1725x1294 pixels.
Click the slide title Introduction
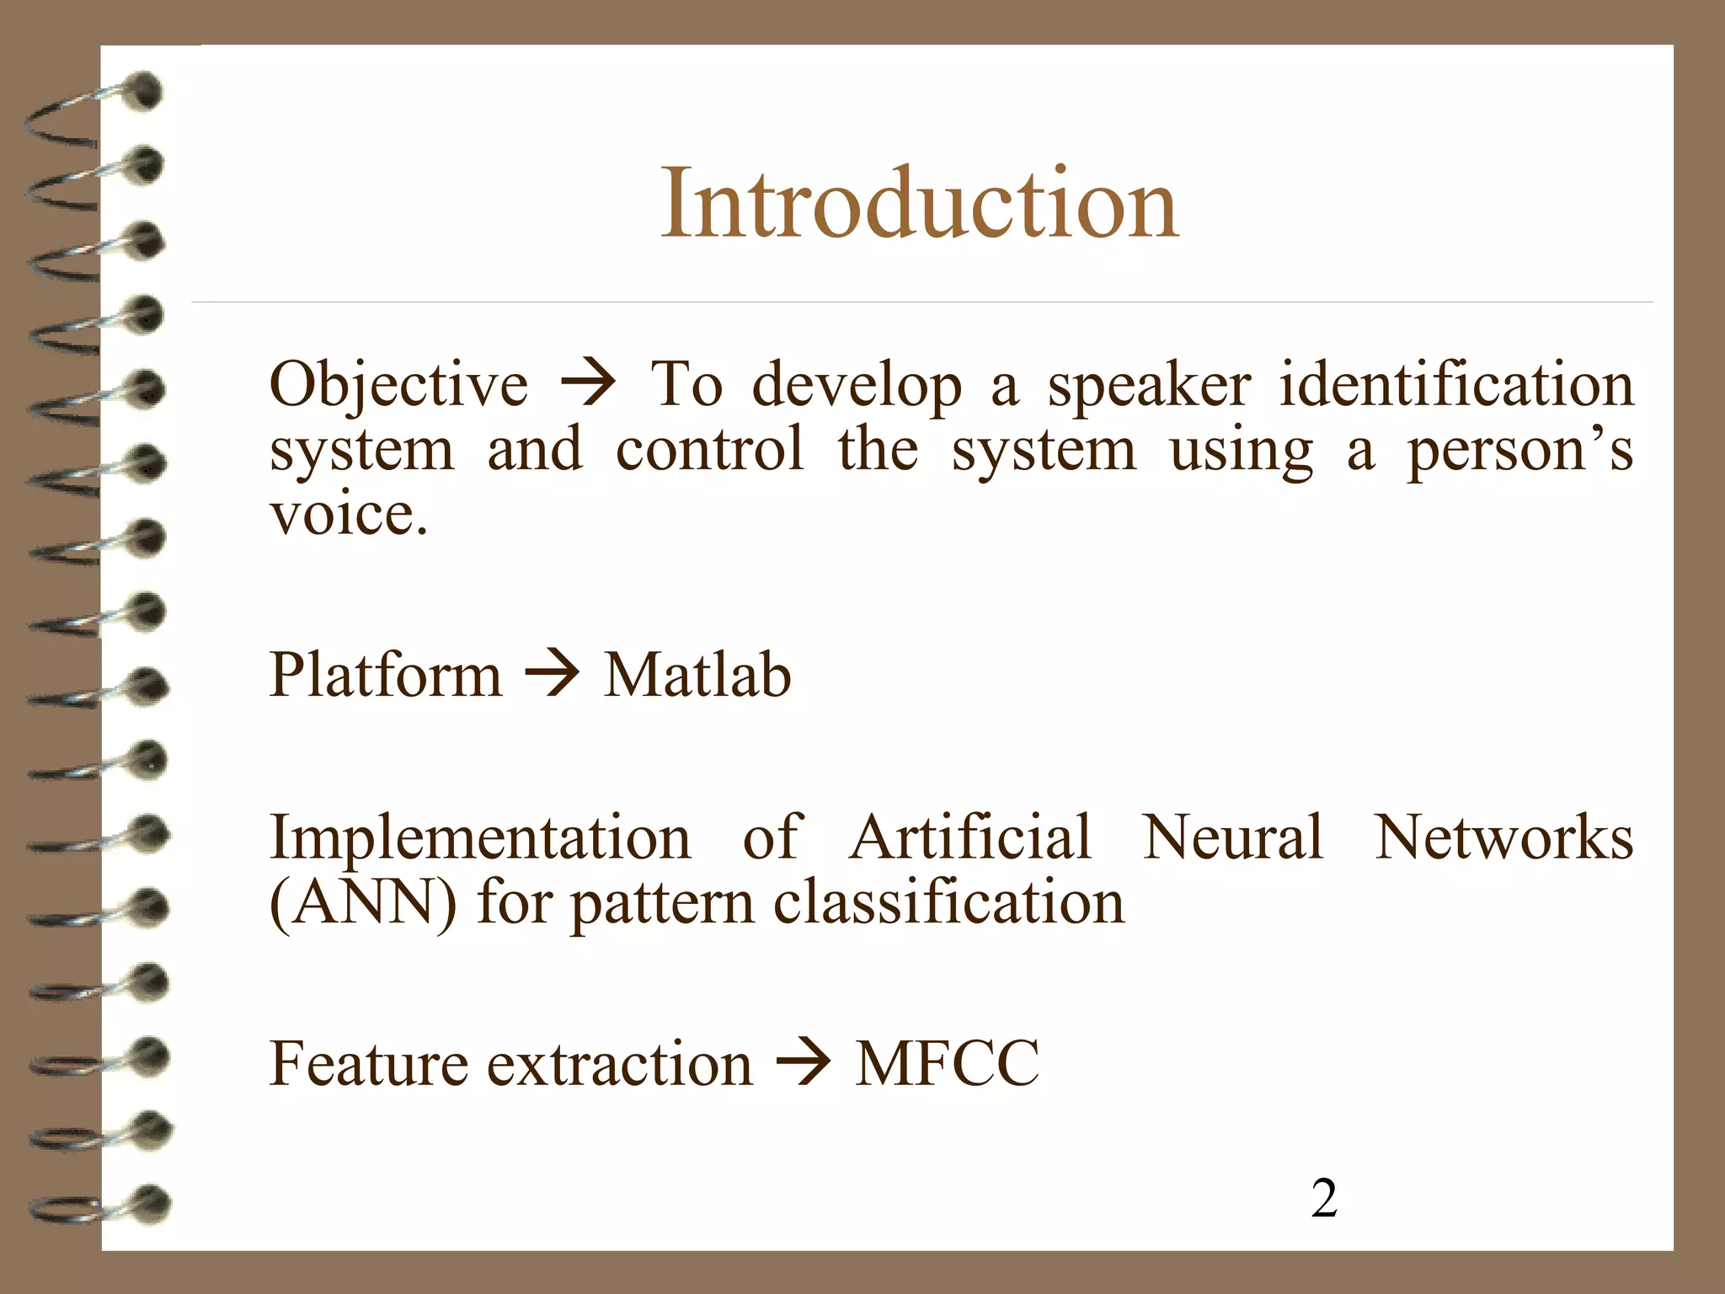tap(919, 204)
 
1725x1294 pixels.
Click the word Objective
tap(398, 385)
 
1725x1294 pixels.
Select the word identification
tap(1456, 384)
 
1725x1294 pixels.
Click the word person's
tap(1519, 450)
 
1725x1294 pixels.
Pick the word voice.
tap(348, 514)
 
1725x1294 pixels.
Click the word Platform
tap(385, 676)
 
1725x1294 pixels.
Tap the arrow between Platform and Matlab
tap(553, 675)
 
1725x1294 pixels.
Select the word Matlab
tap(697, 676)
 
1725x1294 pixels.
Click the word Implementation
tap(479, 838)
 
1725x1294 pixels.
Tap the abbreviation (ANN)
tap(362, 903)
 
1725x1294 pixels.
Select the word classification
tap(948, 902)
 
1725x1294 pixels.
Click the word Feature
tap(367, 1064)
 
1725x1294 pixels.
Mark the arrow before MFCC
tap(804, 1063)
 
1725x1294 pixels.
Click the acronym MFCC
tap(947, 1064)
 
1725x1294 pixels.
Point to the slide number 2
tap(1323, 1198)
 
